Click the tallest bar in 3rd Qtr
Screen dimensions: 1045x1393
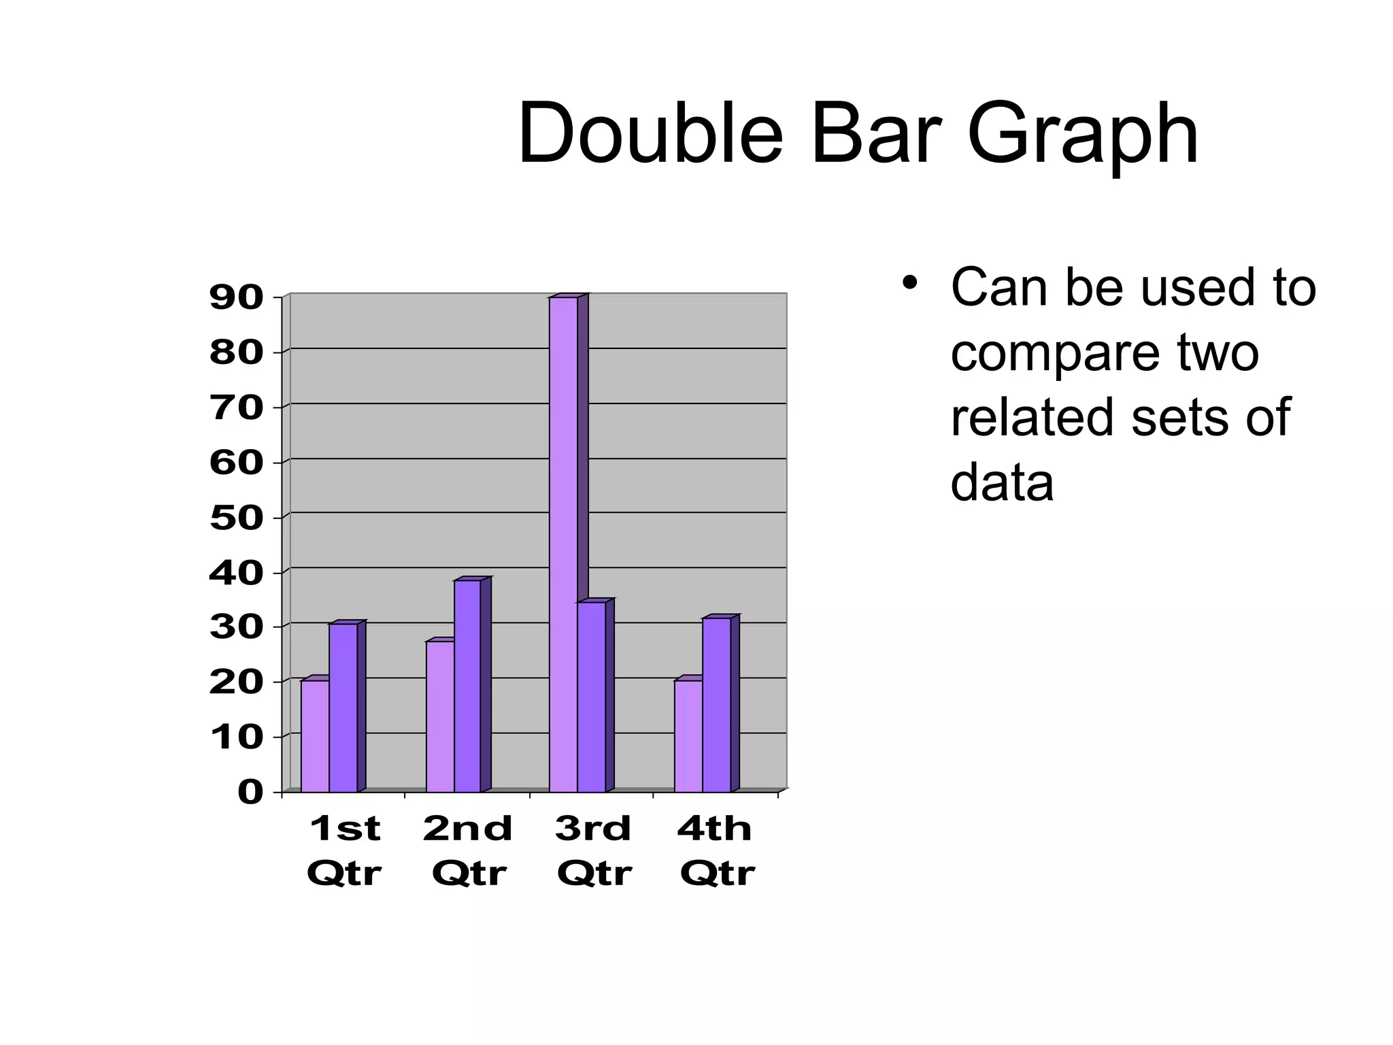(563, 544)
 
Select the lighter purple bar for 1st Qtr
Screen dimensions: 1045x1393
(315, 736)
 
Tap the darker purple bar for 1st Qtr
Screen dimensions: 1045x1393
(343, 708)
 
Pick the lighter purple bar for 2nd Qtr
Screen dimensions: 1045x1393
(440, 716)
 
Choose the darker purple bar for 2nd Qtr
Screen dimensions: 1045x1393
(467, 686)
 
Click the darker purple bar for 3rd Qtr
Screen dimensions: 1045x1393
(591, 697)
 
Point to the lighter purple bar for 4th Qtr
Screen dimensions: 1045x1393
(688, 736)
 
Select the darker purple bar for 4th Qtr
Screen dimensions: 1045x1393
(716, 705)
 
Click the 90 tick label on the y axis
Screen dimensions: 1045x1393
(236, 298)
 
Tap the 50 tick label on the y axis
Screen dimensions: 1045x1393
(236, 518)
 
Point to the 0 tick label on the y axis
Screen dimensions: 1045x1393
(250, 793)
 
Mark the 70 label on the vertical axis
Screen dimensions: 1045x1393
(236, 408)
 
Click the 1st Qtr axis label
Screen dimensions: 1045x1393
(344, 850)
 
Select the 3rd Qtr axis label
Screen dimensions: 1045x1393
(594, 850)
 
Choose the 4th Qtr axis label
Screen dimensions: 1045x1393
(716, 850)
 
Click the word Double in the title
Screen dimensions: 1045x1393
(650, 133)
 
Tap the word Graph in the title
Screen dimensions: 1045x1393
(1083, 133)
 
